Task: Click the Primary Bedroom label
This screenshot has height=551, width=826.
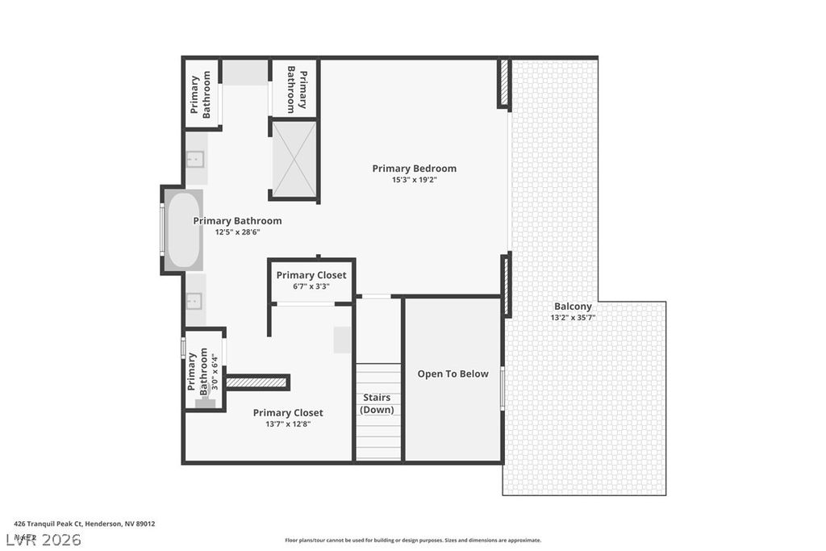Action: click(x=414, y=169)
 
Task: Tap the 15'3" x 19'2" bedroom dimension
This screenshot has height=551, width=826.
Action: click(x=414, y=180)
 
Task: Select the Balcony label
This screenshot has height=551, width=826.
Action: click(x=573, y=307)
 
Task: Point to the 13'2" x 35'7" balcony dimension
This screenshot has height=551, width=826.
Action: click(x=573, y=318)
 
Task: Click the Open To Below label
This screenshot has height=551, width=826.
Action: click(x=453, y=374)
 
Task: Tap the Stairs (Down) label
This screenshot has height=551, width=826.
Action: click(x=377, y=403)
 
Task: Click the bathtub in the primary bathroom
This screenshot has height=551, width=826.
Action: click(x=183, y=230)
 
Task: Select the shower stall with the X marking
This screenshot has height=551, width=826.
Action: click(x=294, y=159)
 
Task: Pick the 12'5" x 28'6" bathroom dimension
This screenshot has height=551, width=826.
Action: click(x=237, y=232)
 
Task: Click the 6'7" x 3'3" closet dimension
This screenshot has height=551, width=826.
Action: click(x=311, y=286)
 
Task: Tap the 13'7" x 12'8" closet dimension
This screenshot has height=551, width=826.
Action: click(x=288, y=424)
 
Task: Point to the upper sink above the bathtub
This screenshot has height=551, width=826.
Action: click(x=195, y=160)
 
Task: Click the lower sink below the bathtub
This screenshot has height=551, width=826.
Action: click(x=195, y=300)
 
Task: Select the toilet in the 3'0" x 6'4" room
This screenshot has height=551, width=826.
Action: click(x=205, y=401)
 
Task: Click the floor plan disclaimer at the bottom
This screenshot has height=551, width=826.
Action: click(x=412, y=541)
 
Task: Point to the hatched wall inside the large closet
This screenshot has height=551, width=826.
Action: click(x=257, y=382)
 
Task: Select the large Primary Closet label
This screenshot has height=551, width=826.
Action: click(x=288, y=413)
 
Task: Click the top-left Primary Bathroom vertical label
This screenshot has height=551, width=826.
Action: click(x=200, y=95)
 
